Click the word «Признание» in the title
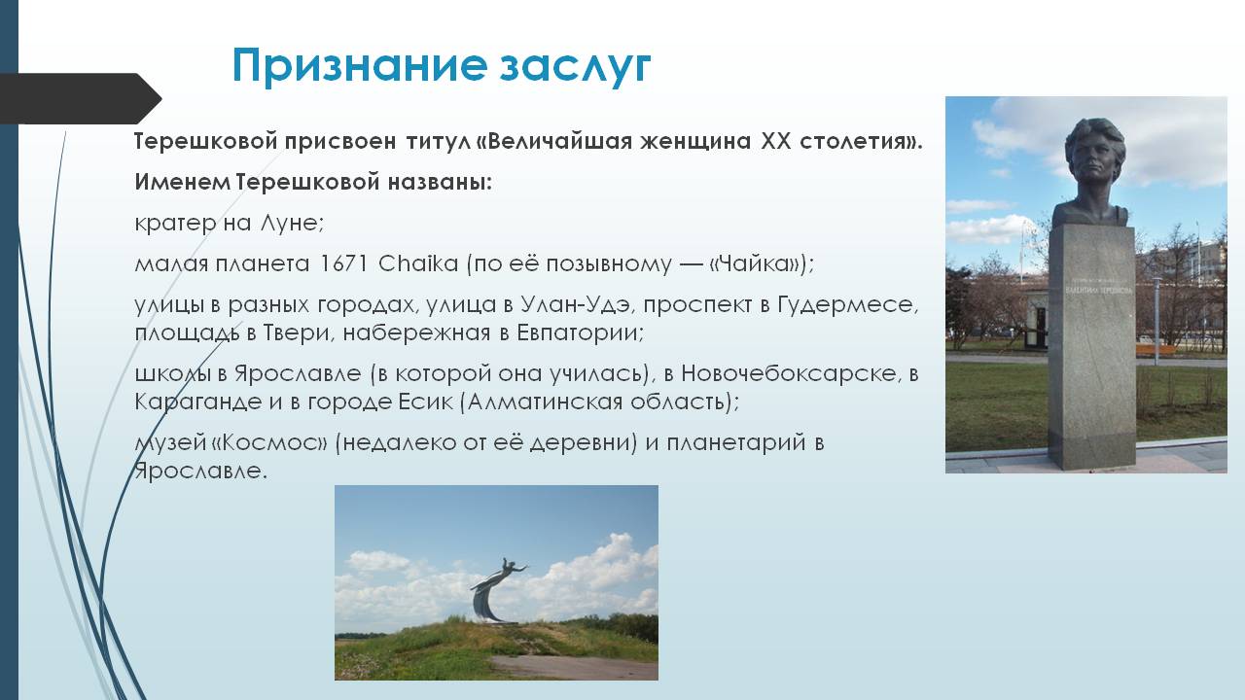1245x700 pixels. coord(359,66)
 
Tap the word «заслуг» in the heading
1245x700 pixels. coord(575,66)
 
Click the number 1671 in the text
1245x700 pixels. coord(343,263)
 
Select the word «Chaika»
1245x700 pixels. coord(418,262)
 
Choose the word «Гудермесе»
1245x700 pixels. coord(847,304)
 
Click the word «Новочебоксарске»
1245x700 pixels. coord(789,373)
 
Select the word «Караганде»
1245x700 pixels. coord(197,402)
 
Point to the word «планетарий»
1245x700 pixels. coord(736,442)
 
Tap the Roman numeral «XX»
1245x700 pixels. coord(775,141)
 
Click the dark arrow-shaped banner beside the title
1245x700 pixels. coord(81,98)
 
